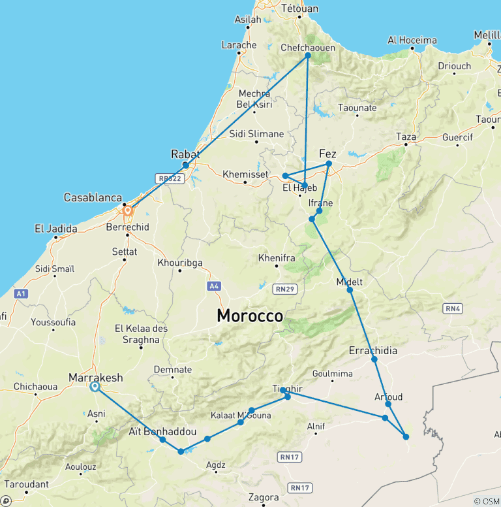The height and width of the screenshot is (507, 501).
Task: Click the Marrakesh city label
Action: (95, 378)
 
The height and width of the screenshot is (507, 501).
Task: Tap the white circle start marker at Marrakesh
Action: (95, 387)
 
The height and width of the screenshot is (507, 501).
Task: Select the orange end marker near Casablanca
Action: (128, 210)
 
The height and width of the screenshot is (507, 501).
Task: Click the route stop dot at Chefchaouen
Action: (308, 56)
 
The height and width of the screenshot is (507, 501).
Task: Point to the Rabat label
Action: (185, 154)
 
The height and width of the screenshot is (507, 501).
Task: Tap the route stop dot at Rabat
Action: (186, 165)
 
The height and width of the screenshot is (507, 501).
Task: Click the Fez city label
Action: (327, 154)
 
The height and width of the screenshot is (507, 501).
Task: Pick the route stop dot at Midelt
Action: (350, 289)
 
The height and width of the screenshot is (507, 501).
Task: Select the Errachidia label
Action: (373, 350)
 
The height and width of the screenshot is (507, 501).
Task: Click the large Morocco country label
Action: (250, 316)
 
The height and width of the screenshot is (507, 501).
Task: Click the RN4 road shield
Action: (452, 308)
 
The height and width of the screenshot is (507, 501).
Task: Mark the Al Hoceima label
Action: (412, 41)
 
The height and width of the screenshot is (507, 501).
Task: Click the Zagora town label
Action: (264, 497)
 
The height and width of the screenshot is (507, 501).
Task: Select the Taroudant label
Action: (26, 485)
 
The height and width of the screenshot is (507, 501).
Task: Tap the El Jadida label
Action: (56, 229)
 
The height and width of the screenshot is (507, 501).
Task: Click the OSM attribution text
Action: (487, 501)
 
